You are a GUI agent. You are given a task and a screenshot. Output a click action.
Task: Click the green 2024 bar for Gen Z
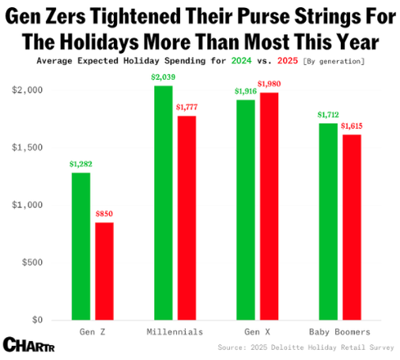pos(81,246)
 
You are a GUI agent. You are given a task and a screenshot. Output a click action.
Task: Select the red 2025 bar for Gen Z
pos(104,271)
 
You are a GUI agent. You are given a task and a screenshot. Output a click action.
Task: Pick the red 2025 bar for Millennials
pos(187,218)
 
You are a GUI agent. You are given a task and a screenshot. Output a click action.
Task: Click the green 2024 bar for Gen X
pos(245,210)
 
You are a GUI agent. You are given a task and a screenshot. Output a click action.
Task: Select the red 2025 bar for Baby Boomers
pos(351,227)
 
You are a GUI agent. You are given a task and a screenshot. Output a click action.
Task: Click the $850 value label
pos(104,214)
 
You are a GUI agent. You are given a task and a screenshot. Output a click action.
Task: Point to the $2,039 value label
pos(163,77)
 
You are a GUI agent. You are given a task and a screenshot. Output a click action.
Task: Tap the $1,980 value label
pos(269,84)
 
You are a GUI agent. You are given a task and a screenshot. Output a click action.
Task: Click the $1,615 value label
pos(352,126)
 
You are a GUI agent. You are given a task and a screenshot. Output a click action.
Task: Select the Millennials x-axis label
pos(175,332)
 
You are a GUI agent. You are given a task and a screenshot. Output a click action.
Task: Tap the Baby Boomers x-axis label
pos(339,332)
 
